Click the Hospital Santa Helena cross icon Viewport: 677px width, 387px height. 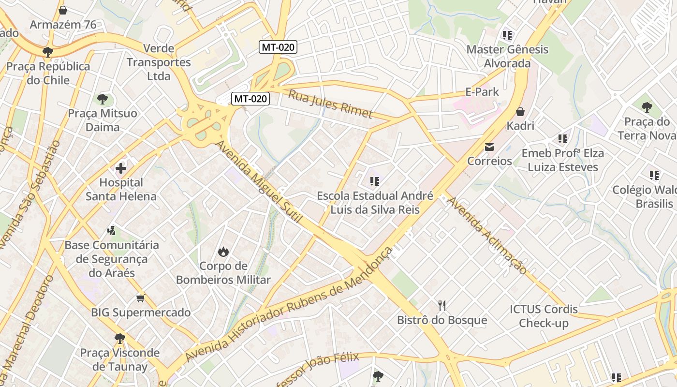[121, 168]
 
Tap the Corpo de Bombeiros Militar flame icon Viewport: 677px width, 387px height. [223, 252]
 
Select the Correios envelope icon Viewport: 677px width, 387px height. [489, 147]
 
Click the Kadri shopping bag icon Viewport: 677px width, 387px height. [520, 112]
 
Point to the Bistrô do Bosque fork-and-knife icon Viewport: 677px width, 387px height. [442, 305]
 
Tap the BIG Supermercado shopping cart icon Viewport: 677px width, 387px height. [140, 298]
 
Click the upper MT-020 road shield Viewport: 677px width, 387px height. [278, 47]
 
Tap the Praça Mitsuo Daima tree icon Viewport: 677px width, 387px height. [102, 99]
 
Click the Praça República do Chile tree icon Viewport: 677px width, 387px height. [47, 52]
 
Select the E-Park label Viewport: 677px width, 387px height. [482, 91]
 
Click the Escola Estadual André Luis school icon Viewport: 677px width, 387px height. [374, 181]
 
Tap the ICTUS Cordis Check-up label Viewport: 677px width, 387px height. [544, 316]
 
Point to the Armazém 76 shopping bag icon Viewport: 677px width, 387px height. [62, 10]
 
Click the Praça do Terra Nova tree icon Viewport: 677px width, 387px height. [647, 107]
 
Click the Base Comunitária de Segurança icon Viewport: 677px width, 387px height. [112, 230]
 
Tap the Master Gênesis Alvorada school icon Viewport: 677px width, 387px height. [507, 35]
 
